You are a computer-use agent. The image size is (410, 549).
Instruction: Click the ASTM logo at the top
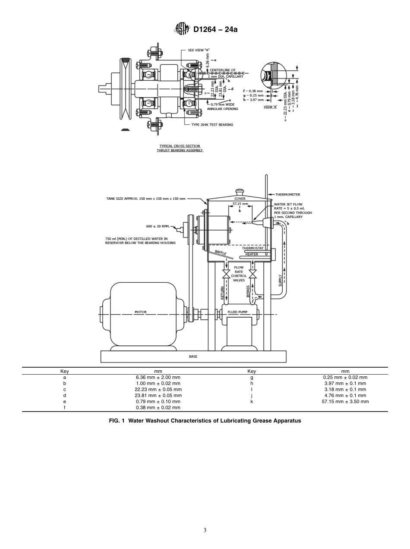pos(182,29)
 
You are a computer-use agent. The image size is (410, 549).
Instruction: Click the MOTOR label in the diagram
pos(140,312)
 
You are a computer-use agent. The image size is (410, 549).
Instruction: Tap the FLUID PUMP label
pos(237,312)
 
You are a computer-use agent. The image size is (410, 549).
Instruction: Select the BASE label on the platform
pos(193,357)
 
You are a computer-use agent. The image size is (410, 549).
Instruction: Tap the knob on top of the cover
pos(240,191)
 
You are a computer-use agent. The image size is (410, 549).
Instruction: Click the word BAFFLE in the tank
pos(221,253)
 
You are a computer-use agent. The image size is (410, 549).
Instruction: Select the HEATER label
pos(252,254)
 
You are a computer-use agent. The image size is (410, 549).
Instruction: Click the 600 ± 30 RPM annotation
pos(158,226)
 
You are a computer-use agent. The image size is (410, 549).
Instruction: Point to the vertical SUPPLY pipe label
pos(280,280)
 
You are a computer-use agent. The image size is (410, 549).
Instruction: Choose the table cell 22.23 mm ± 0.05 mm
pos(158,389)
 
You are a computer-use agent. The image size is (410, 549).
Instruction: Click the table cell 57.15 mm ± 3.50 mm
pos(345,401)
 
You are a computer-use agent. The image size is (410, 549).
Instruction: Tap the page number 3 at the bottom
pos(205,530)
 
